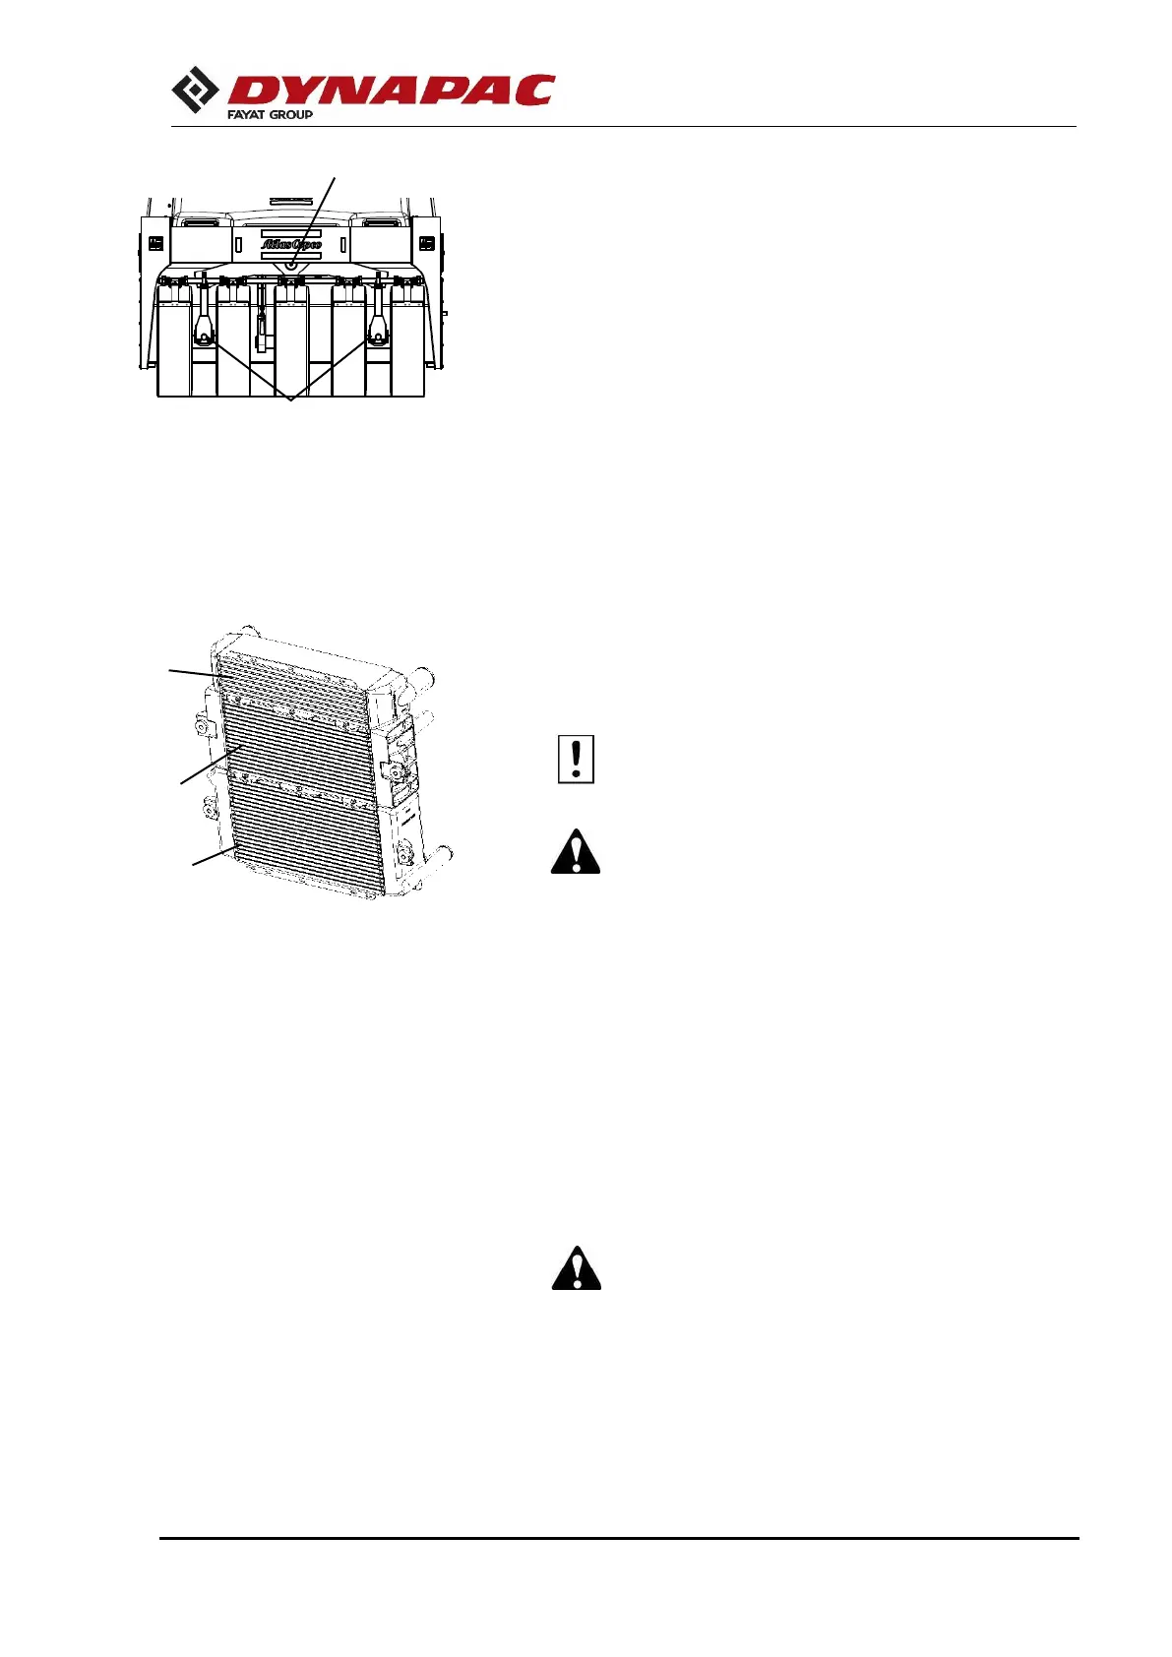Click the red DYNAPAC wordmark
[391, 91]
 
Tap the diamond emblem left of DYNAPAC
[195, 91]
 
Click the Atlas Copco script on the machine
[291, 244]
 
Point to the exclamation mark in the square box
[576, 760]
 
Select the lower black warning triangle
[576, 1268]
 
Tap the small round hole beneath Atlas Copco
[291, 265]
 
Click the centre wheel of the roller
[291, 339]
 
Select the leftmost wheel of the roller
[174, 339]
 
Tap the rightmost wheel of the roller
[408, 339]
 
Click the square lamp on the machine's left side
[155, 243]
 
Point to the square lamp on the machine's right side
[427, 243]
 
